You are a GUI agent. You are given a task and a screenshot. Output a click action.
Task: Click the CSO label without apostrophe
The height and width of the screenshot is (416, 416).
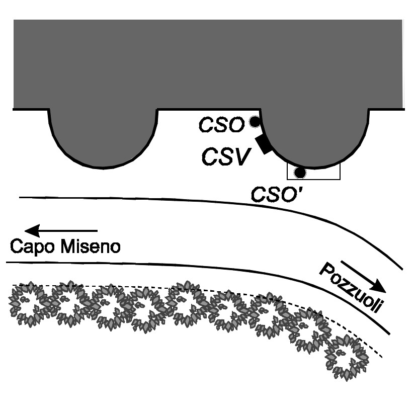click(x=221, y=125)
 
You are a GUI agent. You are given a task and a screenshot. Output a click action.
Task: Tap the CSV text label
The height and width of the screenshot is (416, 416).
click(x=226, y=157)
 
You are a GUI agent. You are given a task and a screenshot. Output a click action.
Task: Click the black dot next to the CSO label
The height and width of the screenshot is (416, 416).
click(x=255, y=121)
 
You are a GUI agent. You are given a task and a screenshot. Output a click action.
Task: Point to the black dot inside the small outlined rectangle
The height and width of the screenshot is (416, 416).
click(x=300, y=173)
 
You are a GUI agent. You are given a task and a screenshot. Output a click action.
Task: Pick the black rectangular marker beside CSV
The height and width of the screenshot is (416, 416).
click(x=264, y=144)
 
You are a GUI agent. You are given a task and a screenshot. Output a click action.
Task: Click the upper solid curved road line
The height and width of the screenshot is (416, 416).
click(x=201, y=201)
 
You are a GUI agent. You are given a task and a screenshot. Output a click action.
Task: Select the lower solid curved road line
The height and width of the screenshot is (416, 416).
click(x=201, y=267)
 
